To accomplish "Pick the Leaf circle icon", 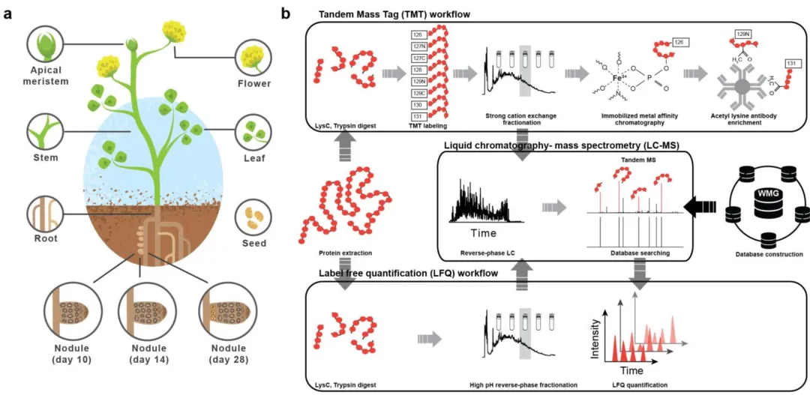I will click(252, 130).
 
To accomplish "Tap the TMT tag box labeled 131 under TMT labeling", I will click(418, 117).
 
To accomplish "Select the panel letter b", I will click(286, 13).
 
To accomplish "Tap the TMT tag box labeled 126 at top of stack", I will click(418, 35).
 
